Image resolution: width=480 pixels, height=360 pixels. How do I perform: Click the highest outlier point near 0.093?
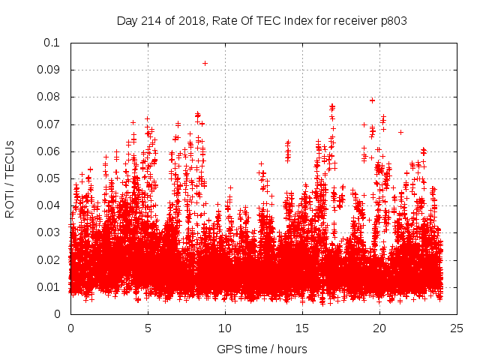(x=205, y=63)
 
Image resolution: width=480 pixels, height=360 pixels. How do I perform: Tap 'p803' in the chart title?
(x=394, y=21)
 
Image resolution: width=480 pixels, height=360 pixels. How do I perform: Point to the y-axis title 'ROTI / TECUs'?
(x=10, y=178)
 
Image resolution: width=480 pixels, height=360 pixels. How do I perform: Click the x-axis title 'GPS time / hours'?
(x=262, y=349)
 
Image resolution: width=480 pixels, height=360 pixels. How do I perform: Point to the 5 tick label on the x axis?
(x=148, y=328)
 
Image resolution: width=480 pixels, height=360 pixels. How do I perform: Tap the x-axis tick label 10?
(x=225, y=328)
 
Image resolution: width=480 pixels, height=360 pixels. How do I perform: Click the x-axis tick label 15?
(x=302, y=328)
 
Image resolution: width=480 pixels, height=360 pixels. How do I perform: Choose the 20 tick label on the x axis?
(x=379, y=328)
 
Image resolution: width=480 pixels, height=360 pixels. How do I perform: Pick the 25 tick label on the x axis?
(x=457, y=328)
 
